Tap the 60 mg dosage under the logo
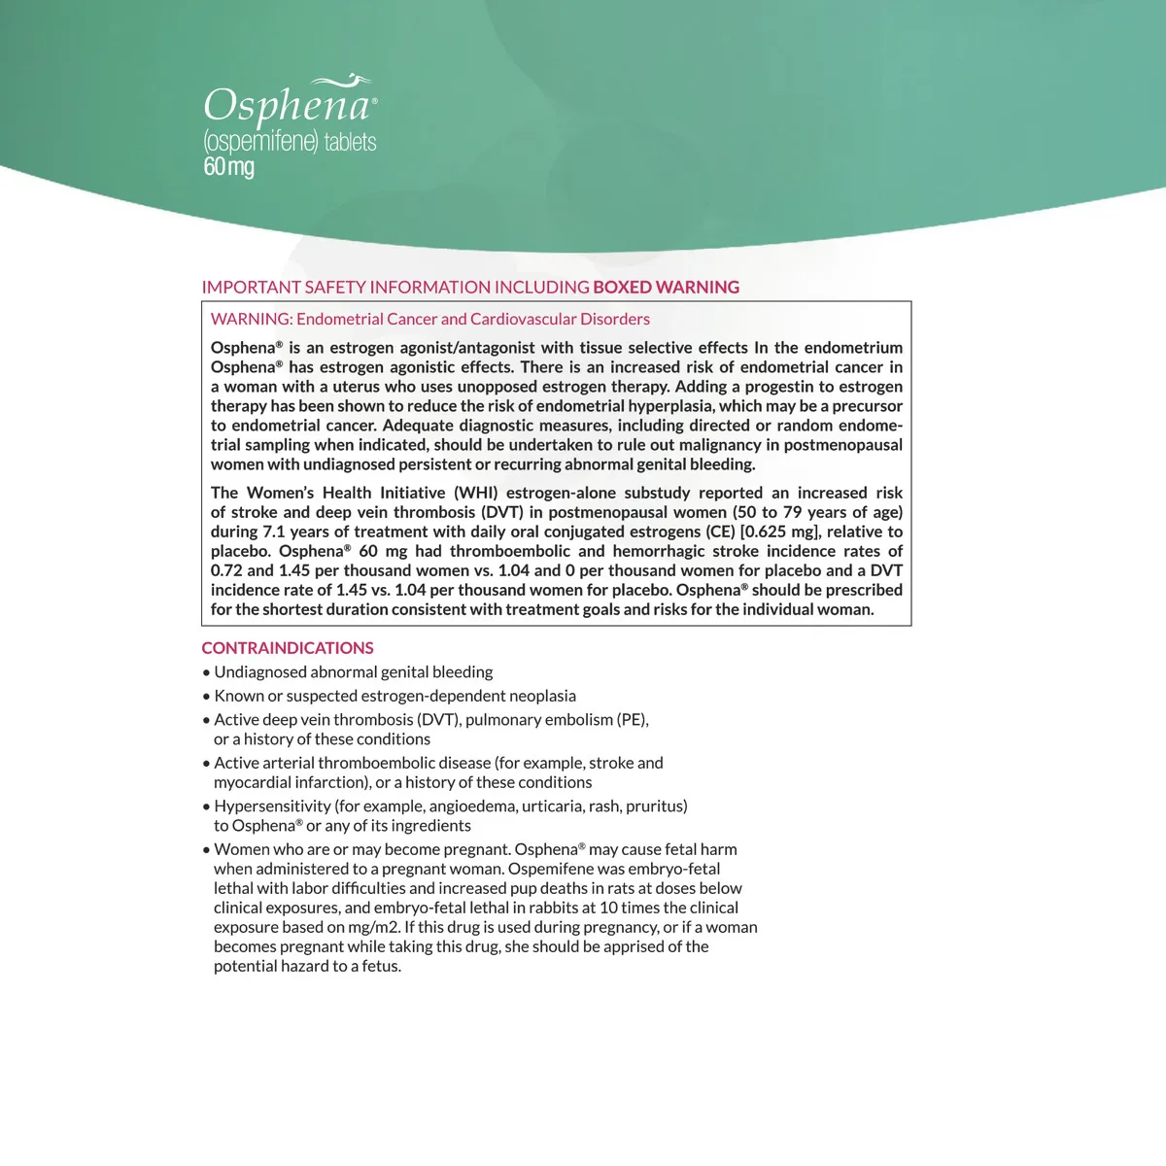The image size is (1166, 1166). tap(228, 167)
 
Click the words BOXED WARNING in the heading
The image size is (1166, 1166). tap(666, 288)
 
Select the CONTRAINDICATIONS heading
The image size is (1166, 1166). tap(288, 648)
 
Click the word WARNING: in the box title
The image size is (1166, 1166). tap(251, 319)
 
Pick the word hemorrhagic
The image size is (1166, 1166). tap(658, 551)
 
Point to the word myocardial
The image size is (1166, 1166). tap(251, 782)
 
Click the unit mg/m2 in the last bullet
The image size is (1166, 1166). tap(374, 927)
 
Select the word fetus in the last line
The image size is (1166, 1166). tap(381, 966)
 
